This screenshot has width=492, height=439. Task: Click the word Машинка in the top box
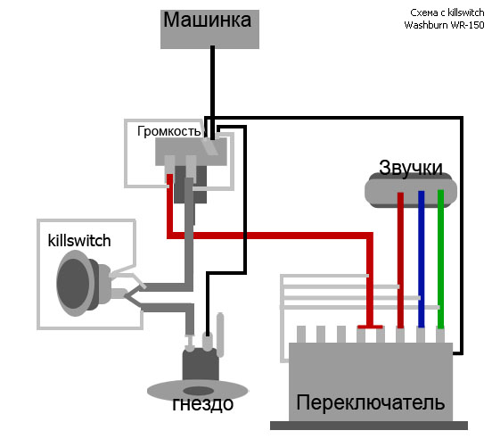point(208,21)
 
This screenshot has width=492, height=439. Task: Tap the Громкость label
point(168,131)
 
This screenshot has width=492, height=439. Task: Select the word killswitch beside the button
point(79,241)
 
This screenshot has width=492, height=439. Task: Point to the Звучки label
point(411,169)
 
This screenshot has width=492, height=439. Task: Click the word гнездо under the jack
point(203,404)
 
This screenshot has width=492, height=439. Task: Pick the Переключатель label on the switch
point(371,402)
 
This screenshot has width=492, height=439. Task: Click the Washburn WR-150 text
point(444,25)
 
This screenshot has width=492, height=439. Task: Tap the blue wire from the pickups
point(421,259)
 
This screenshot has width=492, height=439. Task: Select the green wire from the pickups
point(440,259)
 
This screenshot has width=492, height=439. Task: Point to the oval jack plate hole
point(198,391)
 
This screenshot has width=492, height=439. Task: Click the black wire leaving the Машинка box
point(212,93)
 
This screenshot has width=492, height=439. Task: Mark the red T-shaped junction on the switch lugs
point(370,327)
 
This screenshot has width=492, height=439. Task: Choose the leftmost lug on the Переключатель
point(301,335)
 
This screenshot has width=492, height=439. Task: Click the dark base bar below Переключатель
point(369,426)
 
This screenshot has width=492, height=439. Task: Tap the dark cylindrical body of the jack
point(201,365)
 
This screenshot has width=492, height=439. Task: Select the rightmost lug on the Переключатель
point(440,335)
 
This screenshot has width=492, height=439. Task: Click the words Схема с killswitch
point(447,12)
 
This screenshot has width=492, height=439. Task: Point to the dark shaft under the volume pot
point(191,185)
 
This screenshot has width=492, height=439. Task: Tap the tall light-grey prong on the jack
point(220,335)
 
